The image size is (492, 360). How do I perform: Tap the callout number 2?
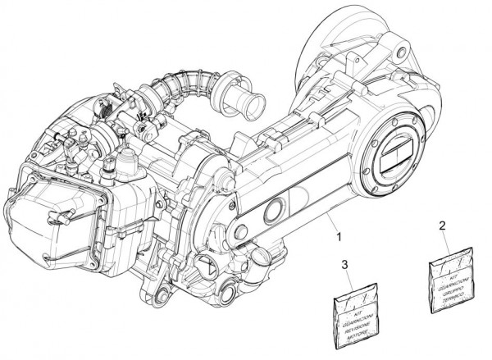(442, 225)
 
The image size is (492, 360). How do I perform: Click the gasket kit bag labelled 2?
(453, 283)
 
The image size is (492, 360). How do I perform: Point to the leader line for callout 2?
(447, 243)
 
